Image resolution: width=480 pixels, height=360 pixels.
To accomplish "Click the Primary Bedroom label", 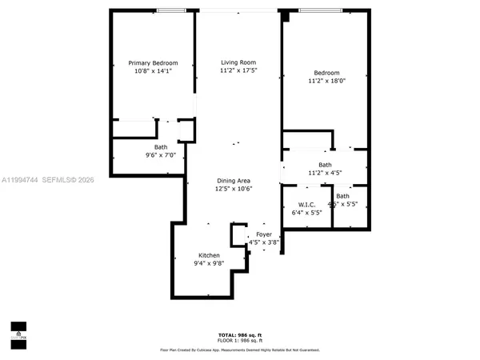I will click(154, 63).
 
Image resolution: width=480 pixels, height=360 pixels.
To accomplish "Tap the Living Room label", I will click(238, 62).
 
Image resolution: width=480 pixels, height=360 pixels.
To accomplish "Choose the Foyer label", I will click(264, 234).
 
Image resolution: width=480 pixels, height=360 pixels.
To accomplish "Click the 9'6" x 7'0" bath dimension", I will click(161, 155).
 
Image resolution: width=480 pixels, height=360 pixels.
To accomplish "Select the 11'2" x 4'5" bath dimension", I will click(325, 173).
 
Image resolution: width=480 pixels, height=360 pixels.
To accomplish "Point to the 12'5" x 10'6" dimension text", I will click(234, 190).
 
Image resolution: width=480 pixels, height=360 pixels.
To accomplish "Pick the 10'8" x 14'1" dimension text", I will click(154, 71).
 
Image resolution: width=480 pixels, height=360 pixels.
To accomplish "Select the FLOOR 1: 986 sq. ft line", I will click(239, 340).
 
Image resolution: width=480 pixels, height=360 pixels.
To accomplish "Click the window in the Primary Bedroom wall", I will click(168, 10).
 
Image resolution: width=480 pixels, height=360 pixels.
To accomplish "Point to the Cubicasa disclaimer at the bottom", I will click(239, 350).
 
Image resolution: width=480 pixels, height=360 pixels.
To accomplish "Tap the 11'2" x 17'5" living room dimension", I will click(238, 70).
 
